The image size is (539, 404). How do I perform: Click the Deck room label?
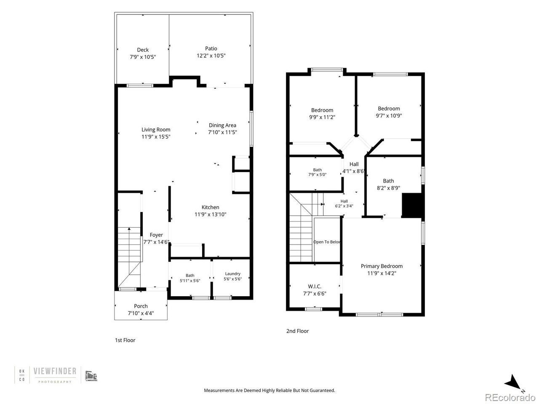143,50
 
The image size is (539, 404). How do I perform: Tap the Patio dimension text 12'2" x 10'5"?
211,56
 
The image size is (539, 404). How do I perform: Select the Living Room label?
156,130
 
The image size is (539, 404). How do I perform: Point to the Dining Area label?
222,125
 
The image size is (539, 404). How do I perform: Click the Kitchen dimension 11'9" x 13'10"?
210,214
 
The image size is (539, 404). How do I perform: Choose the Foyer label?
156,235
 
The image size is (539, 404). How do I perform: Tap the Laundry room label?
232,274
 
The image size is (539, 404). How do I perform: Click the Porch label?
141,306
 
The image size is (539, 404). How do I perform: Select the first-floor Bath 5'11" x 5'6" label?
190,278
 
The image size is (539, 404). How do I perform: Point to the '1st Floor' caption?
125,340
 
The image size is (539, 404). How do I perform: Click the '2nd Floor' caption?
297,331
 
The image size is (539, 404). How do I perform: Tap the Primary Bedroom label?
382,266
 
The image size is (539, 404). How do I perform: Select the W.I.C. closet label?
315,287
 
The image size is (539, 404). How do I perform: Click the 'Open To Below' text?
327,242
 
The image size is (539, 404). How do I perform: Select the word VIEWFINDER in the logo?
55,371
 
